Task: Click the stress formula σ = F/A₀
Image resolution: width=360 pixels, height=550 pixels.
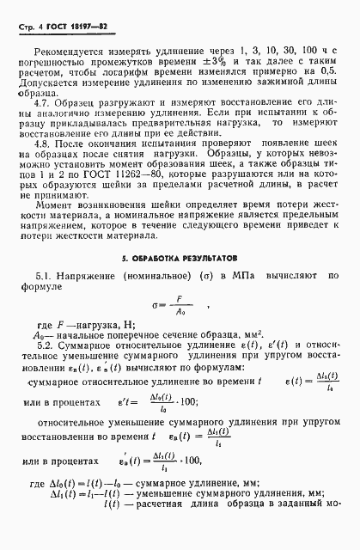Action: pyautogui.click(x=179, y=305)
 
